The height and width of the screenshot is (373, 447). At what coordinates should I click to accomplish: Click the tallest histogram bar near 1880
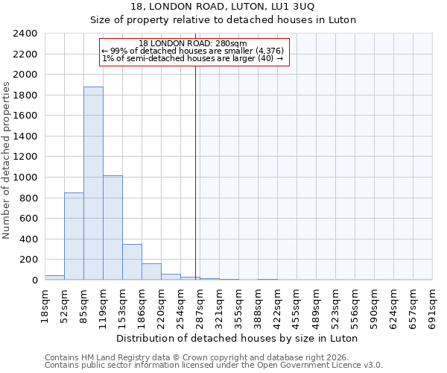pos(93,183)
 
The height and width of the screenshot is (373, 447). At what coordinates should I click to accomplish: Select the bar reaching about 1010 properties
pos(112,228)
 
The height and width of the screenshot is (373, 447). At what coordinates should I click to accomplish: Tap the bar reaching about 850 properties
pos(74,236)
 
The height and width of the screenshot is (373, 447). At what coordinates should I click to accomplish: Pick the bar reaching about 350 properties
pos(132,262)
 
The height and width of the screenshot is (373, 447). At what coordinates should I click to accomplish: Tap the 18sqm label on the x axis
pos(45,306)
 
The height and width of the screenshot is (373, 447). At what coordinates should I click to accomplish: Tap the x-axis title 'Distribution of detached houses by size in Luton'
pos(237,338)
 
